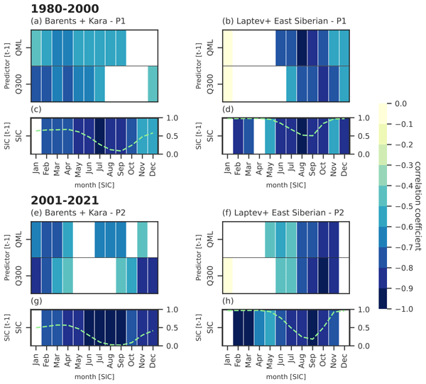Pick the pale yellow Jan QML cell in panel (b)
tap(228, 47)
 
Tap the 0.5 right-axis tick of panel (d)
tap(363, 135)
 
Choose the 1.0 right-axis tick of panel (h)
tap(363, 309)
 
